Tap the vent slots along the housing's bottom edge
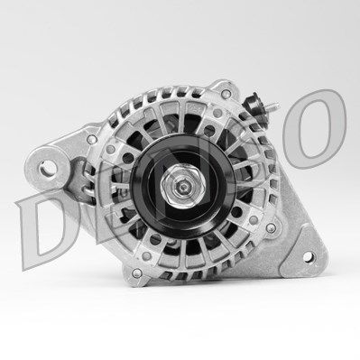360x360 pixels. tap(180, 298)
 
